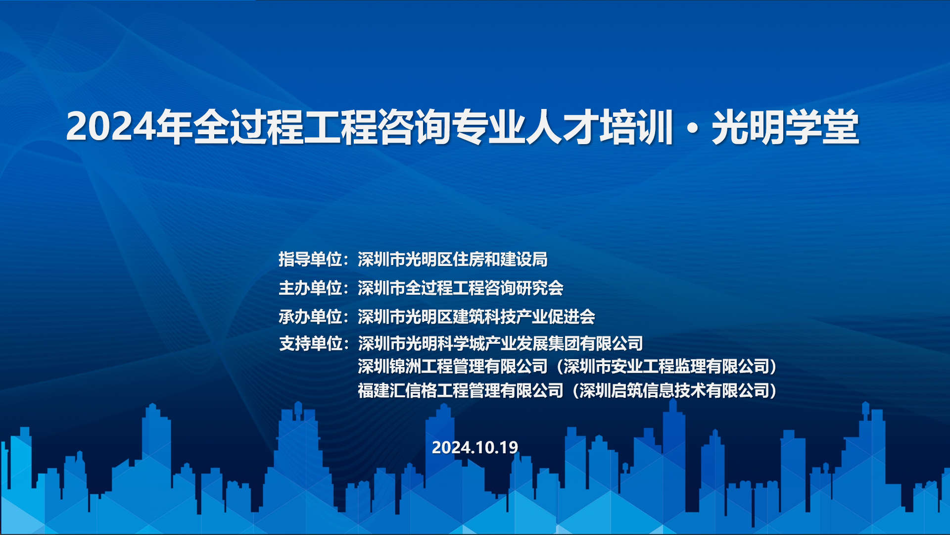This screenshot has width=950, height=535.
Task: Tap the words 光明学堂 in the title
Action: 786,127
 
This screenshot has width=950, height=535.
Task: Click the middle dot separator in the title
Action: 693,128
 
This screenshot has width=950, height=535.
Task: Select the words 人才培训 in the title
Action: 600,127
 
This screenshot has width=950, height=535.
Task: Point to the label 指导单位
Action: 310,259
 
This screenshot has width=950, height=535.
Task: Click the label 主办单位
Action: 310,288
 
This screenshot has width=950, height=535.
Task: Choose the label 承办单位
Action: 310,317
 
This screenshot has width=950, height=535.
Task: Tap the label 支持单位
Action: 310,343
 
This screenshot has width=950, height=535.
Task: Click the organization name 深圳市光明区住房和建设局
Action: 453,259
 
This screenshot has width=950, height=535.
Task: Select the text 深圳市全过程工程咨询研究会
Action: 461,288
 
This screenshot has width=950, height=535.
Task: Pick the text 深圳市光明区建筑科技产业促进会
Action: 476,317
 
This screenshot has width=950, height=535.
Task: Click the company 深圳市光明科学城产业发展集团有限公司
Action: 500,343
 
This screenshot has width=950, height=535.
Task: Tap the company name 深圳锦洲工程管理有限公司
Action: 453,367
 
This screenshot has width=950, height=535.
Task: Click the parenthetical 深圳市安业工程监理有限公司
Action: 666,367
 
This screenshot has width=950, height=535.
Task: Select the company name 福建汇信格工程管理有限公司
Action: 461,390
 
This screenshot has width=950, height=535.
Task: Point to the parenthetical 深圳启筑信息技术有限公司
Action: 674,390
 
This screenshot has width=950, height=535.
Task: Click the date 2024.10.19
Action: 475,447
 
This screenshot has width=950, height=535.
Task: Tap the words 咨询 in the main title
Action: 415,127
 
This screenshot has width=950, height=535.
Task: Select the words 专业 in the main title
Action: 489,127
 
